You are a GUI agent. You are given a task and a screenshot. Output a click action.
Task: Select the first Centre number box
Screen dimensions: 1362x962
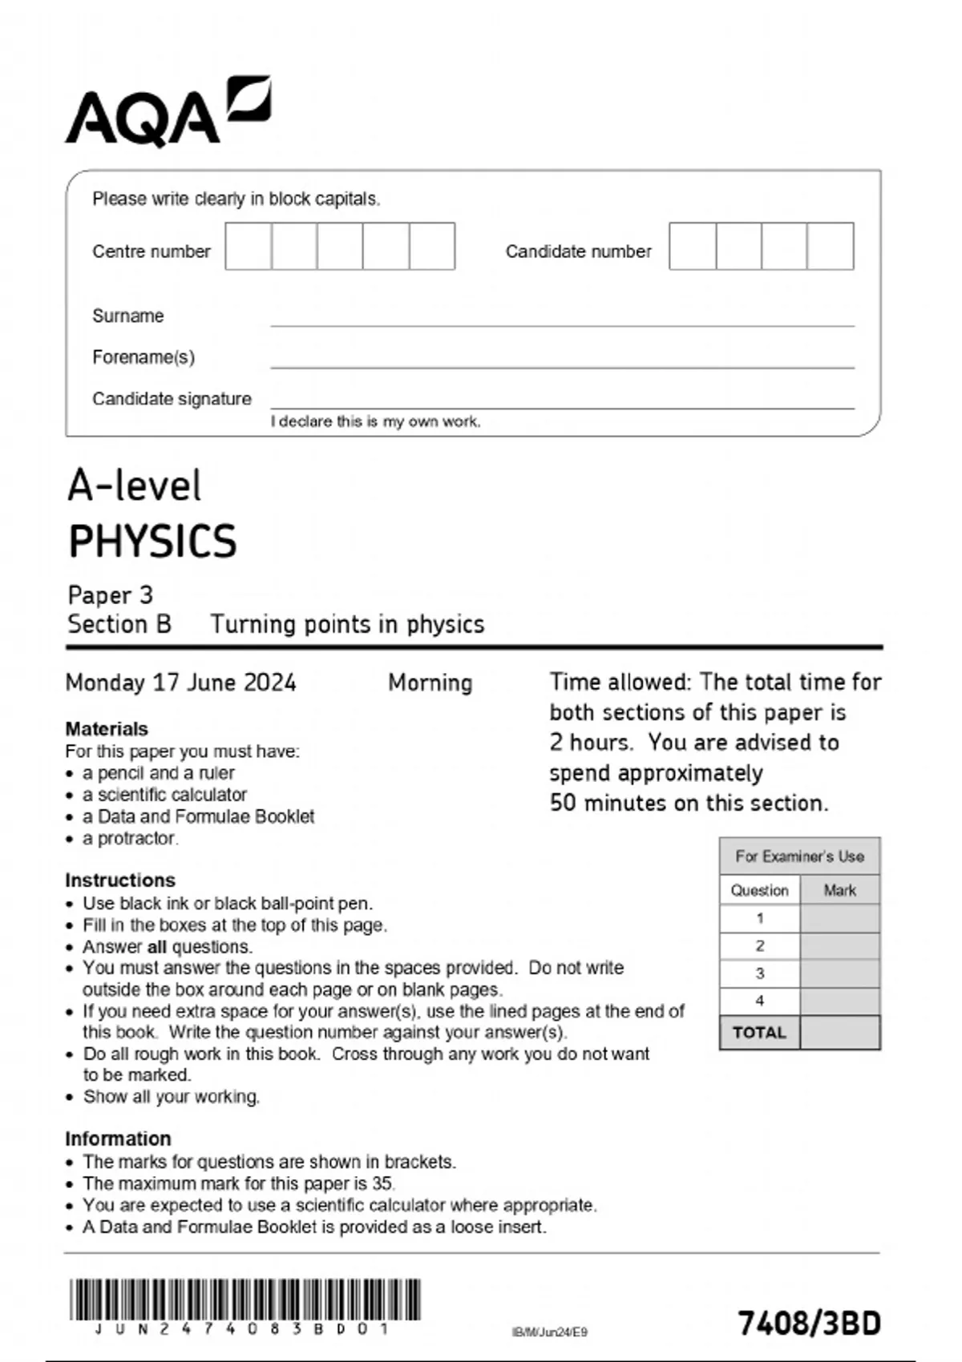pyautogui.click(x=248, y=246)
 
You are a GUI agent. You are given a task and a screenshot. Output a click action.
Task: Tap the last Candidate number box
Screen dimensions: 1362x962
pyautogui.click(x=831, y=246)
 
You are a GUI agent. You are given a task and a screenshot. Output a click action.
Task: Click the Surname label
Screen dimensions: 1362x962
pyautogui.click(x=127, y=316)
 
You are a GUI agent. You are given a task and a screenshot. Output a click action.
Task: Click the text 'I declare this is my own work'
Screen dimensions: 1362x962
pyautogui.click(x=375, y=421)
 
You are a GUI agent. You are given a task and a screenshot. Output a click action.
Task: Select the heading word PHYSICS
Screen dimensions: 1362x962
pyautogui.click(x=152, y=542)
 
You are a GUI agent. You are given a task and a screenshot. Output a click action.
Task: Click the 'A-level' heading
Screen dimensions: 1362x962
pyautogui.click(x=134, y=486)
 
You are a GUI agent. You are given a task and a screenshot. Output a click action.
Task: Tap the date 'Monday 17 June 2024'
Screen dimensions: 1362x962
pyautogui.click(x=180, y=683)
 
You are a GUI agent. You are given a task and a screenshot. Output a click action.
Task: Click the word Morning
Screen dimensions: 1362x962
pyautogui.click(x=430, y=683)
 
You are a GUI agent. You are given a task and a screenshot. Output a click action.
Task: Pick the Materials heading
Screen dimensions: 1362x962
pyautogui.click(x=107, y=729)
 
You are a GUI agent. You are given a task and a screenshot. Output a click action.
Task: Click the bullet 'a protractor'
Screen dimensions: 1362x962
pyautogui.click(x=130, y=838)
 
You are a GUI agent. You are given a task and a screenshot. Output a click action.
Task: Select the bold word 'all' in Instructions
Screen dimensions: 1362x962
pyautogui.click(x=157, y=947)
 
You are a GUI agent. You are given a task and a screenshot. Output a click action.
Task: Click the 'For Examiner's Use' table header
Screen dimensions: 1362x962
pyautogui.click(x=799, y=856)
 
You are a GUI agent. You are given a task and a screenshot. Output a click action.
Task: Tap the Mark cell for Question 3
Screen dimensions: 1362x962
pyautogui.click(x=839, y=973)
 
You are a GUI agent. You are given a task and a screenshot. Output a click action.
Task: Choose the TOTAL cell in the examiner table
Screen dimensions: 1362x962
pyautogui.click(x=759, y=1033)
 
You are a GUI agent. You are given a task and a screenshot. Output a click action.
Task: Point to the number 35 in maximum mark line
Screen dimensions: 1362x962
pyautogui.click(x=382, y=1183)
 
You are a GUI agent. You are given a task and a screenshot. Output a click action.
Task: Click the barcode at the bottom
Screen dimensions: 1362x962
pyautogui.click(x=245, y=1300)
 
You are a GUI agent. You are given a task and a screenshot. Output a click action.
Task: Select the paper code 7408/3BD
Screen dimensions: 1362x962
pyautogui.click(x=809, y=1324)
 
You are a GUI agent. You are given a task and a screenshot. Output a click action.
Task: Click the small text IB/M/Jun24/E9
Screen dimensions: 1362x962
pyautogui.click(x=549, y=1332)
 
